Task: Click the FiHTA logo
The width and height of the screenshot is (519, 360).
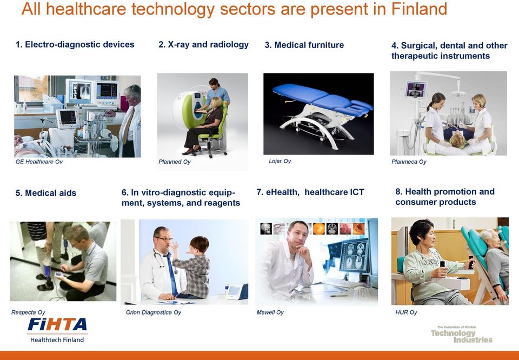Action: coord(57,330)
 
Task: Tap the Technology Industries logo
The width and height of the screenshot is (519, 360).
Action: coord(461,335)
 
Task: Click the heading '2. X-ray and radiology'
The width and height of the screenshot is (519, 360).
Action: coord(204,45)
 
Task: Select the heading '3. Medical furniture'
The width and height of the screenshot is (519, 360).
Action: coord(304,45)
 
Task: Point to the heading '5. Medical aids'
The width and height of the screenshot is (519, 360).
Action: coord(45,193)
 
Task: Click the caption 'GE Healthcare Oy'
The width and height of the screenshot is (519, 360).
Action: coord(39,162)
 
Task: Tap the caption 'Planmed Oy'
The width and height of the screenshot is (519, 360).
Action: coord(175,162)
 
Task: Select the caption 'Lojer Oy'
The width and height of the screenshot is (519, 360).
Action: coord(280,161)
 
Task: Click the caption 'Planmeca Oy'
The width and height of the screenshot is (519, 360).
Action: coord(409,162)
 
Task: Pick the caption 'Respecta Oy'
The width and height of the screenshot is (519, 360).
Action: coord(28,312)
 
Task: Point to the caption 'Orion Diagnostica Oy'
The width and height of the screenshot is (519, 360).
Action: coord(153,312)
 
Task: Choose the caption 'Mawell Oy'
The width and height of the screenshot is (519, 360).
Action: coord(270,312)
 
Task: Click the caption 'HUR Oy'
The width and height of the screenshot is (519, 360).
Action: coord(406,312)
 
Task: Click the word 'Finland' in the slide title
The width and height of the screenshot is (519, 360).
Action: coord(419,9)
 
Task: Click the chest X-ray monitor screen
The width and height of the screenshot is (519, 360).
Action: coord(79,91)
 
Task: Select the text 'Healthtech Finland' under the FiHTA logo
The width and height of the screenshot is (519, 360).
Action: coord(57,340)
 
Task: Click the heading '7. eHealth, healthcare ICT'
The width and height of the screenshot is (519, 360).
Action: coord(310,192)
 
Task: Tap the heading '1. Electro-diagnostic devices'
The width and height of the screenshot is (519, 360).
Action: coord(75,45)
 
